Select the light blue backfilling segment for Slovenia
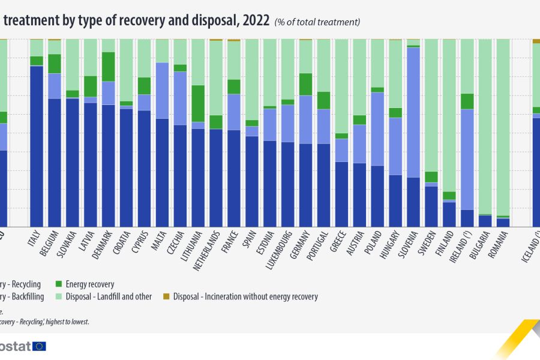click(413, 112)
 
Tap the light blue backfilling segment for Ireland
click(467, 159)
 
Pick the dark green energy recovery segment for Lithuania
click(198, 104)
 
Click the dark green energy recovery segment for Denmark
click(108, 67)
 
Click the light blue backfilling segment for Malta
click(162, 91)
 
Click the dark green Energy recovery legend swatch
click(59, 284)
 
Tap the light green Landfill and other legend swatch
click(59, 296)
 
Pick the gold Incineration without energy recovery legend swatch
click(167, 296)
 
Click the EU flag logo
click(40, 346)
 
